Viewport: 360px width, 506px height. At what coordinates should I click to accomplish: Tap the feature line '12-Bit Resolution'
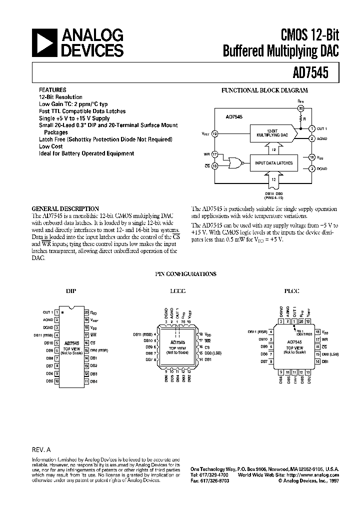(60, 97)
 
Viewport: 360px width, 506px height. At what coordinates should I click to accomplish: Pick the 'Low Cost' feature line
(50, 146)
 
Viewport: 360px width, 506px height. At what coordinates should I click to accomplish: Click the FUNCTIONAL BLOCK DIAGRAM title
(264, 90)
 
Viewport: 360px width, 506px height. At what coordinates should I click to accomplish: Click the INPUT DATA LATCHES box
(273, 163)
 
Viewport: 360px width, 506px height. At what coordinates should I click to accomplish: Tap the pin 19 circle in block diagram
(214, 133)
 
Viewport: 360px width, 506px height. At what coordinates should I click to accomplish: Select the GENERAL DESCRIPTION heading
(65, 208)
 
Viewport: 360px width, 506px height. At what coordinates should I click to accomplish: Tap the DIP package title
(71, 290)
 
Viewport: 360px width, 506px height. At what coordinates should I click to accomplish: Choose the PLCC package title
(291, 290)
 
